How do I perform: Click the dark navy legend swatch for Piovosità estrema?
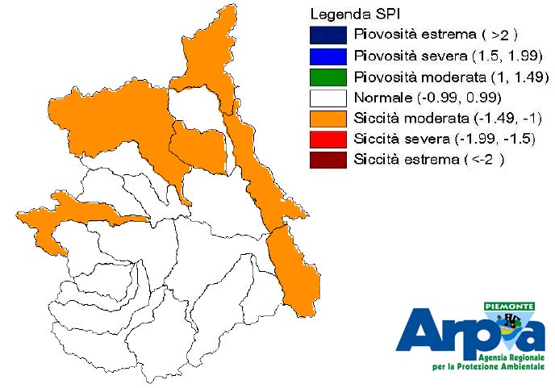(x=328, y=35)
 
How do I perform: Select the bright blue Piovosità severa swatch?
(x=328, y=56)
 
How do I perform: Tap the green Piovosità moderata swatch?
(x=328, y=77)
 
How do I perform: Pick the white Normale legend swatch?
(x=328, y=98)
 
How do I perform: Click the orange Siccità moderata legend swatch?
(x=328, y=119)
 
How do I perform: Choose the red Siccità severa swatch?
(x=328, y=139)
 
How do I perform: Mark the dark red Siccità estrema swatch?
(x=328, y=160)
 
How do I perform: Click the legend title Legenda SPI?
(x=355, y=15)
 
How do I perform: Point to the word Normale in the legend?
(x=383, y=98)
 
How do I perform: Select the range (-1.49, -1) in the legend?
(x=508, y=119)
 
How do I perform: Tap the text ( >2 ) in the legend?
(x=499, y=35)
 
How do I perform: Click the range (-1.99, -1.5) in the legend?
(x=494, y=139)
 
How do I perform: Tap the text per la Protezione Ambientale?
(x=489, y=366)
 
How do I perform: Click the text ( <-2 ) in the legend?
(x=484, y=160)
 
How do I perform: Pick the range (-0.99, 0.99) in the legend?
(x=460, y=98)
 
